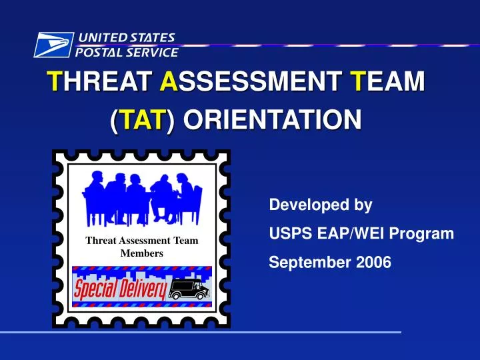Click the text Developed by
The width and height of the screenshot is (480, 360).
(x=320, y=205)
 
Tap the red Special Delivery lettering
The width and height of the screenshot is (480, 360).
(x=120, y=289)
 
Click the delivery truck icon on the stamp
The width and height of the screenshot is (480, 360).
(x=189, y=288)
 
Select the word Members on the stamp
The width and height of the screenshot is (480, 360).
(x=141, y=253)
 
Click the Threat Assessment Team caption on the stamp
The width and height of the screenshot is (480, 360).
(x=141, y=241)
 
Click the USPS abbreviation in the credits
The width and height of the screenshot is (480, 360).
(x=287, y=234)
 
